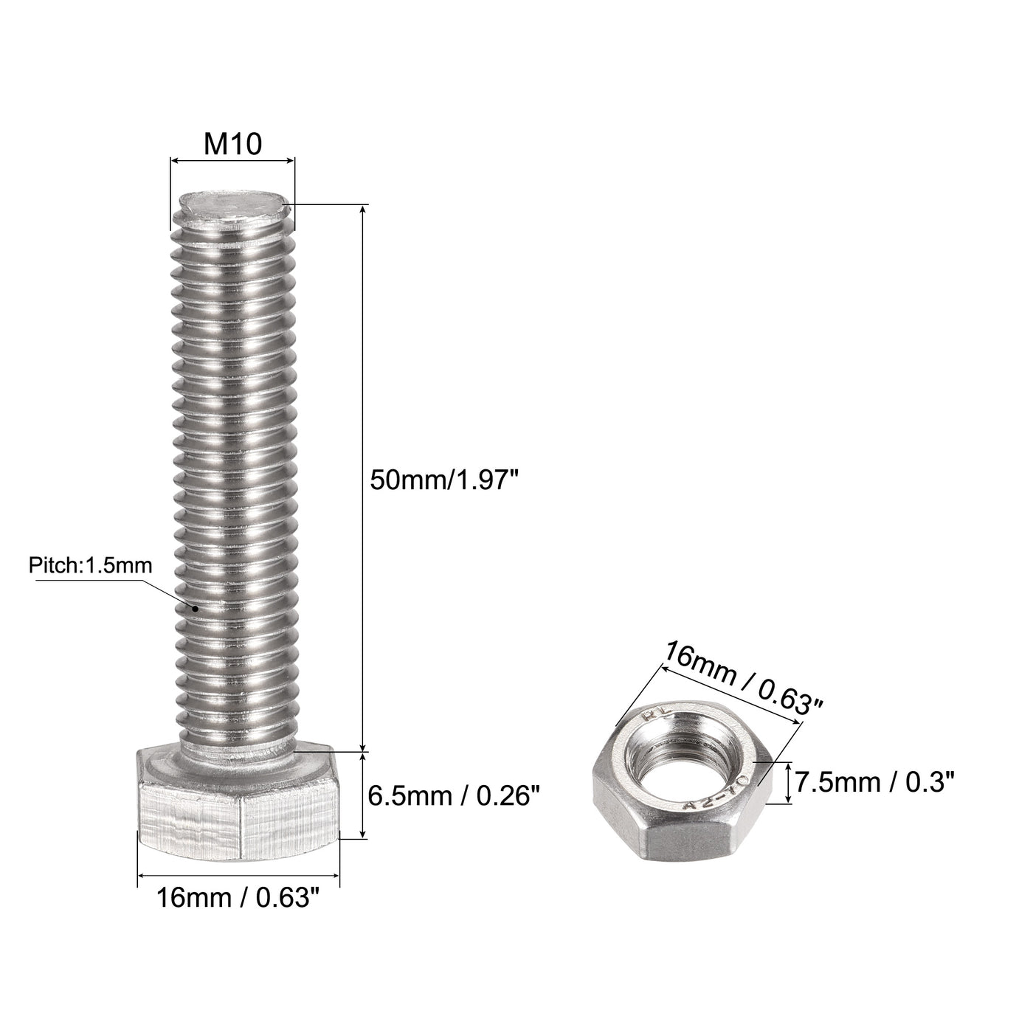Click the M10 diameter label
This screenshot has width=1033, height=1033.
click(232, 144)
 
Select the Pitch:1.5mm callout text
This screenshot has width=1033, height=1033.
click(90, 566)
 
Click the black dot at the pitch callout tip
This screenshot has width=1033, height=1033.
click(196, 609)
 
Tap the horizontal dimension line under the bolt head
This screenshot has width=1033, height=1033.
click(238, 876)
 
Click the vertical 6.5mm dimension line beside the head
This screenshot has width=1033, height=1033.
click(362, 795)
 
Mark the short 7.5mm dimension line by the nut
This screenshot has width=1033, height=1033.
click(790, 784)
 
